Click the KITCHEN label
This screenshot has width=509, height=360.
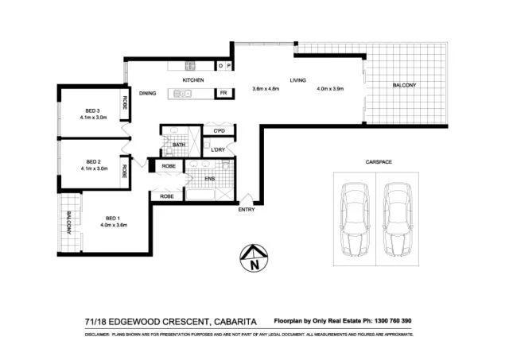(x=194, y=81)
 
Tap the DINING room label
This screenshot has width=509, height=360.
(x=147, y=94)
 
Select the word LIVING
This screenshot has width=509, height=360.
(x=297, y=80)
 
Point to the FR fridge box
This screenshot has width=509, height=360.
(x=224, y=93)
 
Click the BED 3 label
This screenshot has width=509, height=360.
(x=93, y=110)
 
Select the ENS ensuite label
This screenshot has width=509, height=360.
(x=210, y=180)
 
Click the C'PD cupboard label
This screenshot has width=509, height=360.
(x=220, y=130)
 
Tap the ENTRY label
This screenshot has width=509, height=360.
(x=247, y=209)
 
